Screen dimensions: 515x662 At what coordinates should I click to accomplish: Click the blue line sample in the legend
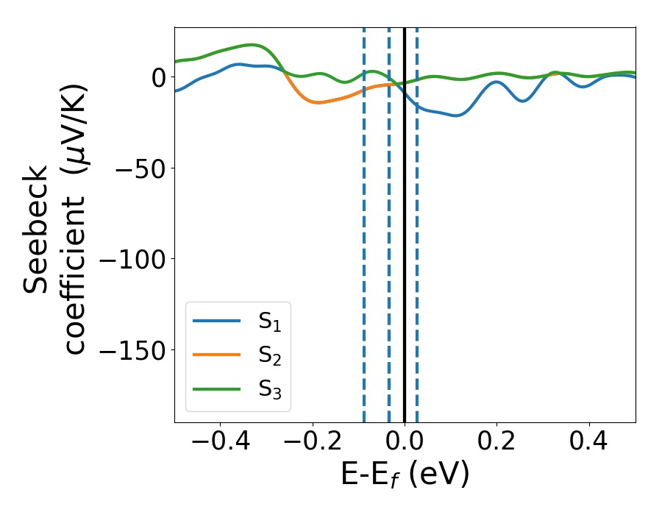coord(216,321)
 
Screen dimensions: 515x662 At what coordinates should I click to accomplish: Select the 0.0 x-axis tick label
coord(405,444)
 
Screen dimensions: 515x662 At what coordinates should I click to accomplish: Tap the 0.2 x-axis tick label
coord(496,444)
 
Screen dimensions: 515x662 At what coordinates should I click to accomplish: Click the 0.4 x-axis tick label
coord(589,444)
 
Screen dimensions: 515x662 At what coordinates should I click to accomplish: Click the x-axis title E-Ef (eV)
coord(405,476)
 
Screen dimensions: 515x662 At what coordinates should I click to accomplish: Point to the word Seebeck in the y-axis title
coord(37,228)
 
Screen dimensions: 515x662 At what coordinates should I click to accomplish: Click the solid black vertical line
coord(405,221)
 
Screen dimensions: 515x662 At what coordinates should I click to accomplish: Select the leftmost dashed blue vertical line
coord(364,221)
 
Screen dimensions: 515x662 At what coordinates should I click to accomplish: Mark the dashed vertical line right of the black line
coord(417,221)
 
